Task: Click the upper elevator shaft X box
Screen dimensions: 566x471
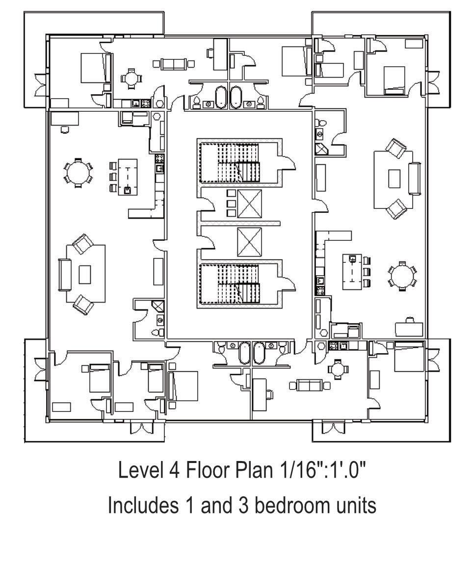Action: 250,204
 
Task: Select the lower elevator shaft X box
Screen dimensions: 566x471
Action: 250,241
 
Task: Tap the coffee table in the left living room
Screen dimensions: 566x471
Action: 85,274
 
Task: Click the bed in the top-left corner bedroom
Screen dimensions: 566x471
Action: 92,68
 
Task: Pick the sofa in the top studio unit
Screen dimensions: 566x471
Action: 174,63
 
